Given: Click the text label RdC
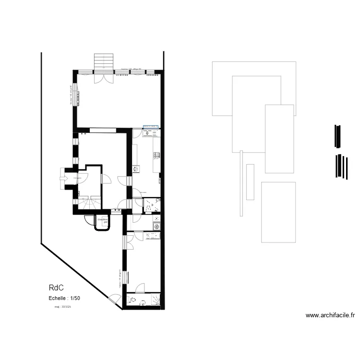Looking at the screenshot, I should [56, 288].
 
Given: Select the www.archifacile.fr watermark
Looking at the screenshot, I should [330, 315].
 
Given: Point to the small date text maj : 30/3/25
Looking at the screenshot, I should [62, 306].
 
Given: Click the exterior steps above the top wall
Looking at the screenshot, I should [103, 61].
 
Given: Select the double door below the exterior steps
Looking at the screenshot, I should [103, 77].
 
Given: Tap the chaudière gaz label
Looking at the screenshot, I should [102, 220].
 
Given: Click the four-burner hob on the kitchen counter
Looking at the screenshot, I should [156, 155].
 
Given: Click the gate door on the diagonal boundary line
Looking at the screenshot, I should [115, 300].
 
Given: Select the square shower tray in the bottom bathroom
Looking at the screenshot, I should [156, 300].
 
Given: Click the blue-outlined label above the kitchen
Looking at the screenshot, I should [151, 127].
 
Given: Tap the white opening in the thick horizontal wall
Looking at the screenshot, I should [102, 130].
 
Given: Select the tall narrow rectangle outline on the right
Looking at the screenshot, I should [250, 182].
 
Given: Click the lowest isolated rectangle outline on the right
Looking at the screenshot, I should [278, 212].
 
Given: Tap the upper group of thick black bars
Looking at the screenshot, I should [338, 136].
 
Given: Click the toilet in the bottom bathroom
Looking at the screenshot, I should [133, 301].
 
